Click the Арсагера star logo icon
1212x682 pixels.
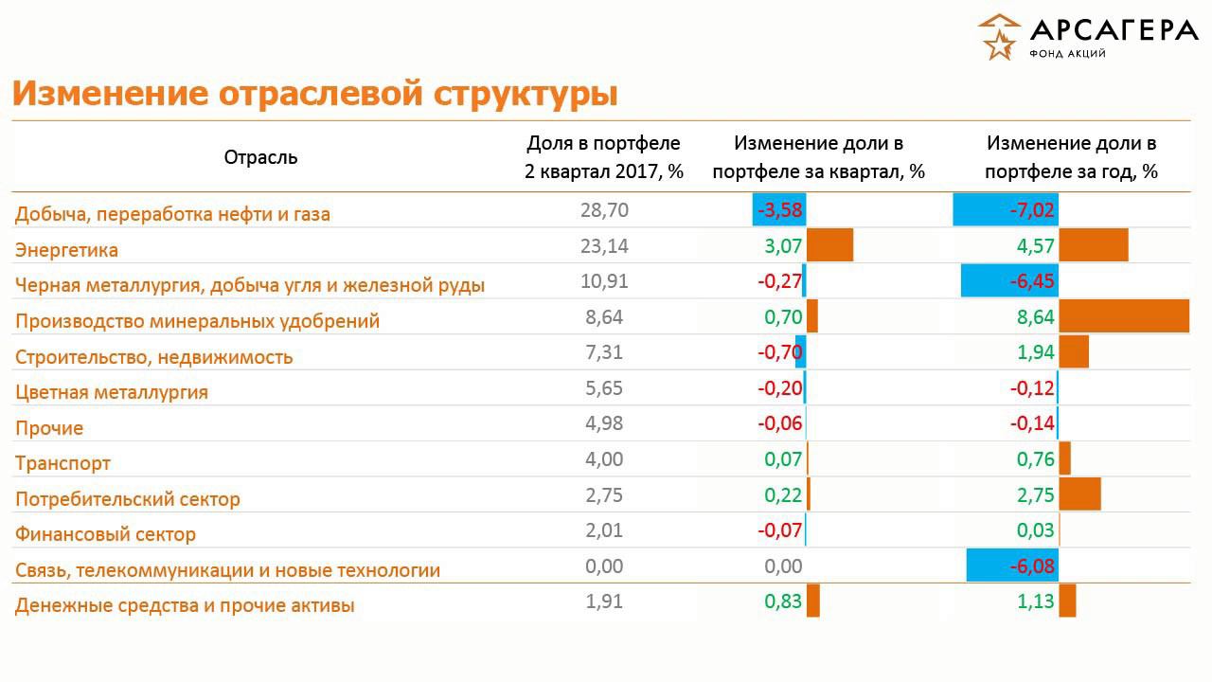[999, 37]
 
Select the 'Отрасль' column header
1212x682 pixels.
[260, 157]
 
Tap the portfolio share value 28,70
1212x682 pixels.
[604, 210]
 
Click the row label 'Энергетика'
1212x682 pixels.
[66, 250]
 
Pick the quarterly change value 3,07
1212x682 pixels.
[784, 246]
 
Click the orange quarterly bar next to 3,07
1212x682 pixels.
[829, 245]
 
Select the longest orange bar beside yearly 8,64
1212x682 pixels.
[1123, 316]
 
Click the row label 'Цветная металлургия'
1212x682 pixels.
[111, 392]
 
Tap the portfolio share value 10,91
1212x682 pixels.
[604, 281]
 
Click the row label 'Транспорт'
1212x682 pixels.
[62, 463]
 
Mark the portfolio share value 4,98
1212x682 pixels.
[604, 423]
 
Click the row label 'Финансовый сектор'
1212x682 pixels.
[105, 534]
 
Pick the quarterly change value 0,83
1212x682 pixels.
[784, 601]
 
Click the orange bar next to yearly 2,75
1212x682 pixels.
[1079, 494]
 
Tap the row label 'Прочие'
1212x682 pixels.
[49, 428]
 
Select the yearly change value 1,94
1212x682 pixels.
[1036, 352]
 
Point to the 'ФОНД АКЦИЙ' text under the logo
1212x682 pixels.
[1067, 54]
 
